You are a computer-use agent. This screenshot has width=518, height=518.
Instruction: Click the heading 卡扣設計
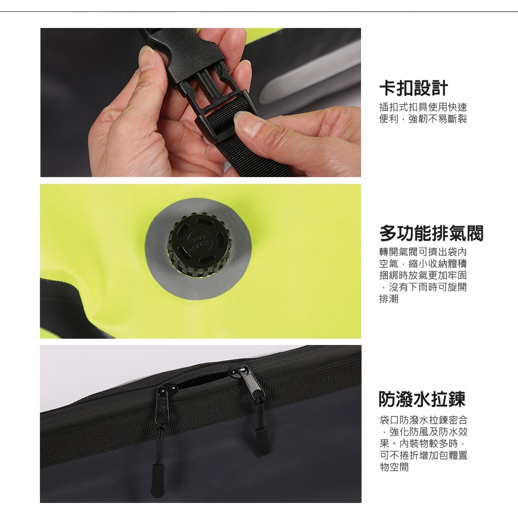point(413,88)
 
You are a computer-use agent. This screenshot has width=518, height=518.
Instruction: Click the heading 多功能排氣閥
point(431,233)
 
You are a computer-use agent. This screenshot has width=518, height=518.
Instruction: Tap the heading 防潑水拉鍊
point(422,399)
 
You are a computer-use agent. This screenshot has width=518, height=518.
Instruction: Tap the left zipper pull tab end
point(157,480)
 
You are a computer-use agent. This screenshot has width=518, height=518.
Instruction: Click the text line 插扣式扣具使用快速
point(423,107)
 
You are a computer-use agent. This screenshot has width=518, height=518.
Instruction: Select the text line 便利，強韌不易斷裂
point(423,119)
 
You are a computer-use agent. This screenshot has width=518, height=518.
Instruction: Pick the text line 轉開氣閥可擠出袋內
point(423,252)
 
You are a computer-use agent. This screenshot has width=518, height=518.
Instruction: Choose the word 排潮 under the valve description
point(389,299)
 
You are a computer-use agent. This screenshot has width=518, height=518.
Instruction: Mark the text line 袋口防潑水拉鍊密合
point(424,420)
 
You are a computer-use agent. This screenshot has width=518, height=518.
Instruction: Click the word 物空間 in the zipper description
point(394,467)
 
